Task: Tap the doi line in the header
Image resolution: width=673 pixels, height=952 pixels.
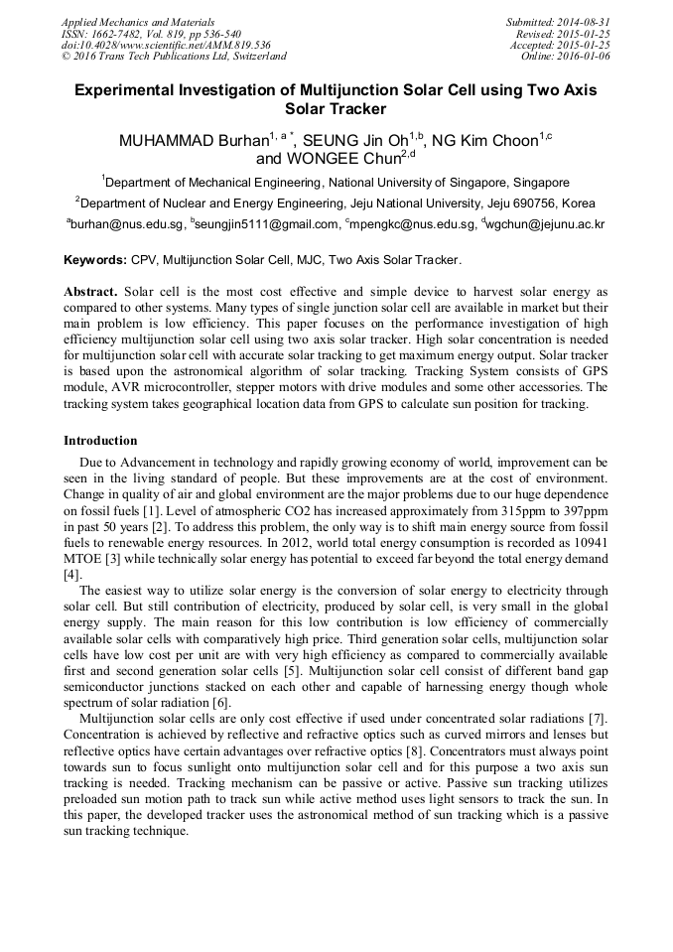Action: tap(166, 46)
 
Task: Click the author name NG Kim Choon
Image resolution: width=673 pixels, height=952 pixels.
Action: tap(483, 141)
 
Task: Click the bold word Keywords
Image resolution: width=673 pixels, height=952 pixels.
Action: tap(95, 260)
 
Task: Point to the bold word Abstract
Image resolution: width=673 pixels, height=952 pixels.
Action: tap(90, 293)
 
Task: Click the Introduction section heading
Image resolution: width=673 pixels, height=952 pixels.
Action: tap(101, 440)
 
